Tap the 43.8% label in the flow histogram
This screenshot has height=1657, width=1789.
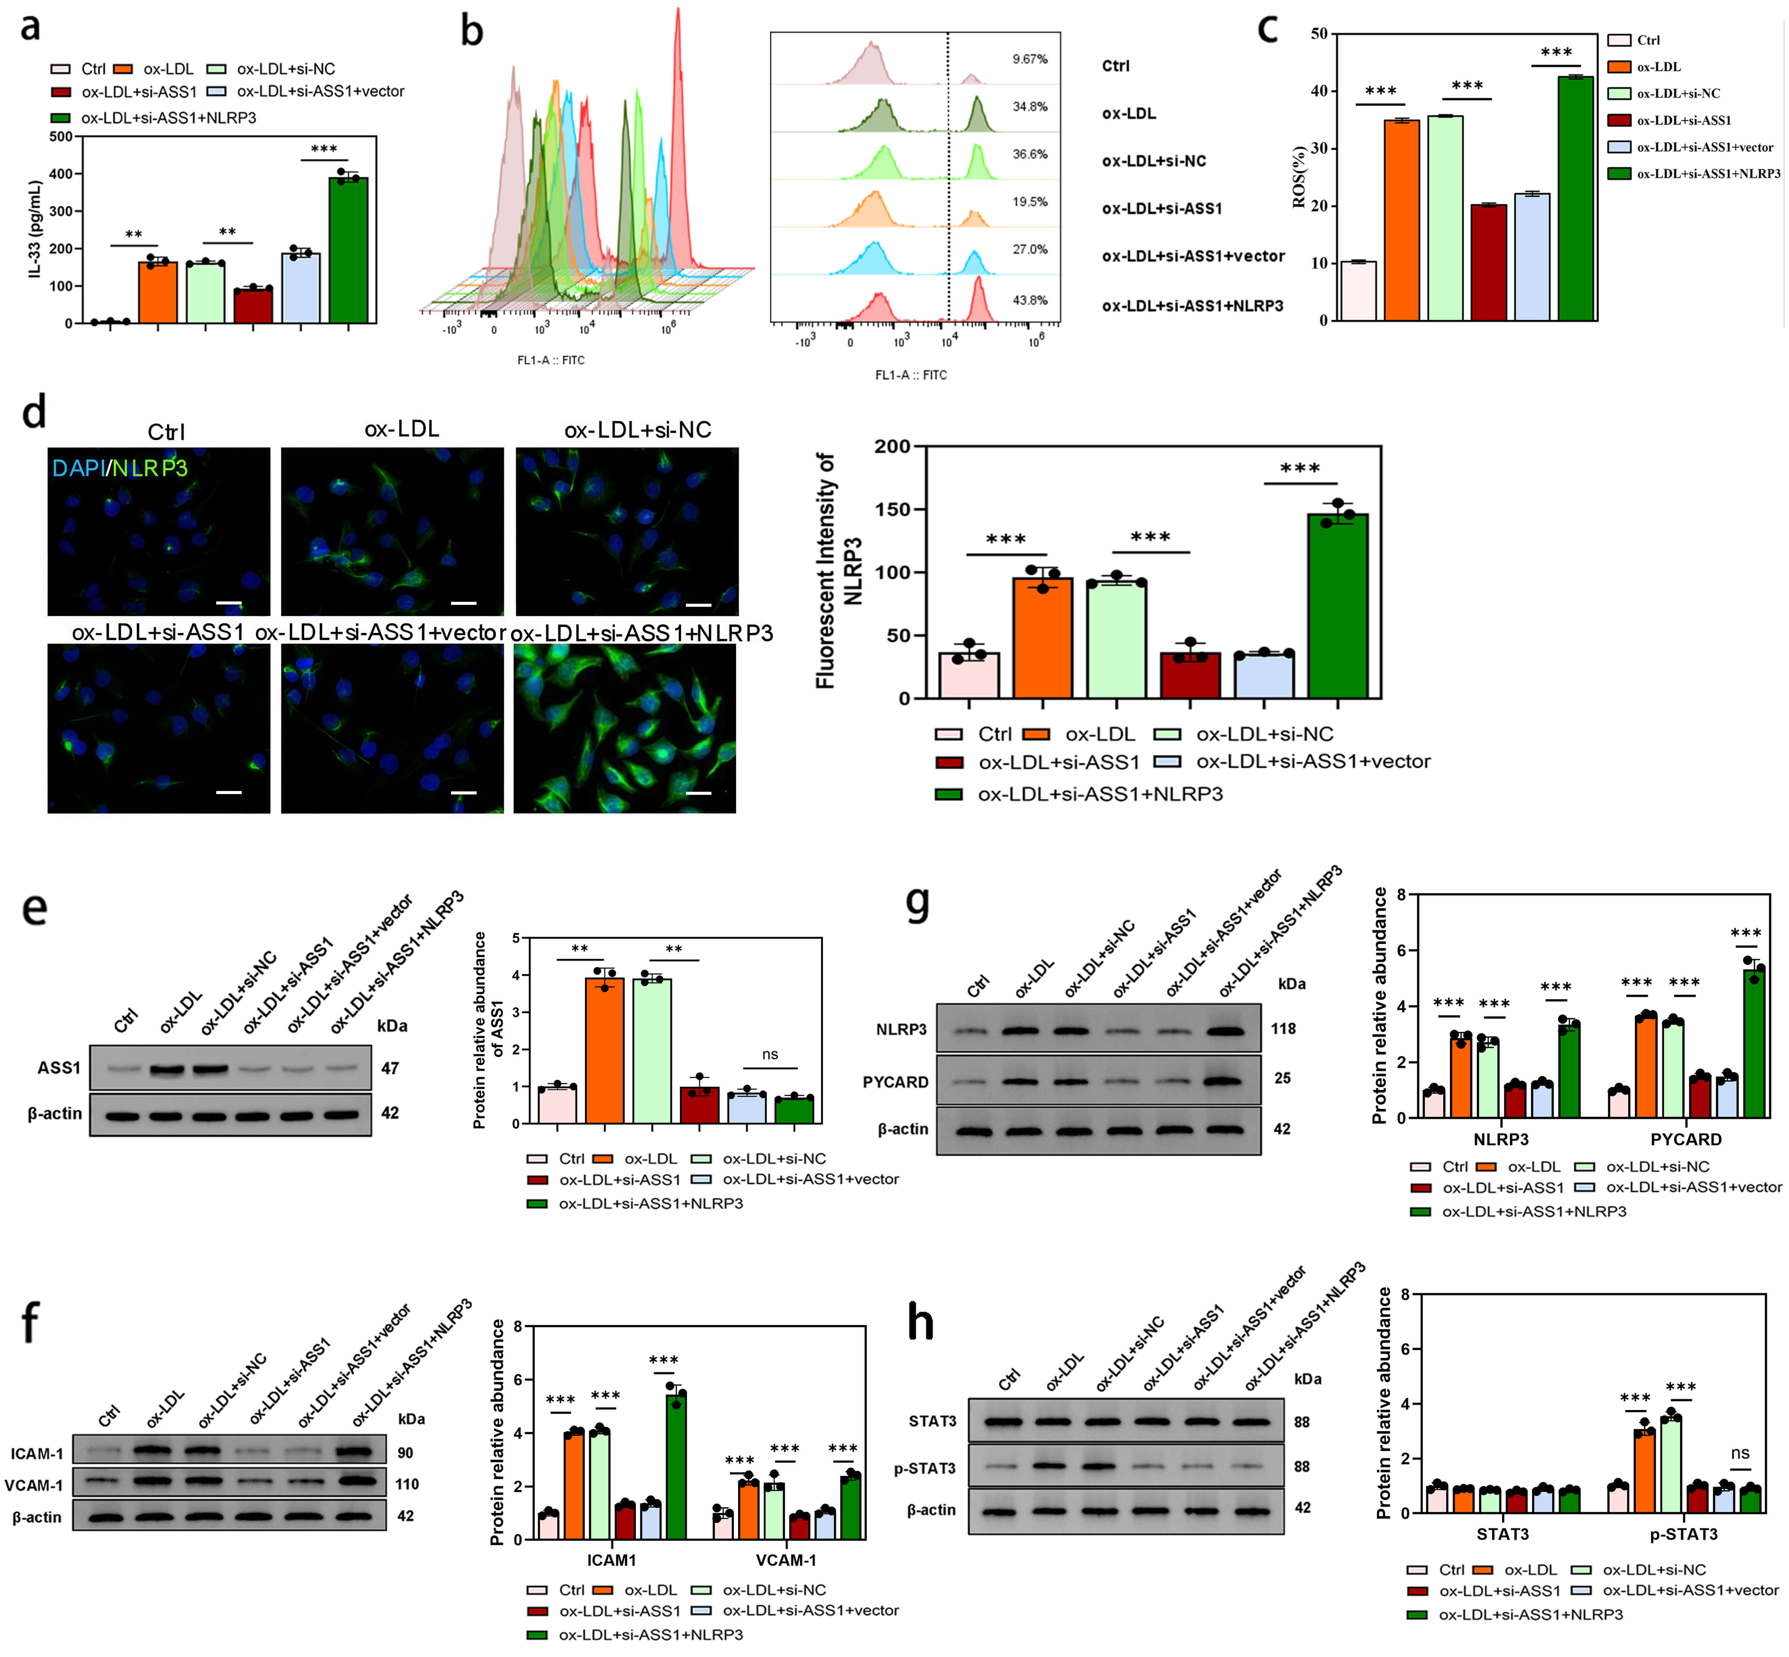pyautogui.click(x=1030, y=300)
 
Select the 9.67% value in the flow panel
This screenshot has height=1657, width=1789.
pyautogui.click(x=1030, y=59)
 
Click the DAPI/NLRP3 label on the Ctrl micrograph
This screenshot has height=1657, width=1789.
pyautogui.click(x=119, y=467)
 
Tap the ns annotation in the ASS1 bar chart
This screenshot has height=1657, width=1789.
pyautogui.click(x=769, y=1054)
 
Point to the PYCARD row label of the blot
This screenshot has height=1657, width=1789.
pyautogui.click(x=895, y=1082)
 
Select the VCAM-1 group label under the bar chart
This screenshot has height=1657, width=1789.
pyautogui.click(x=786, y=1560)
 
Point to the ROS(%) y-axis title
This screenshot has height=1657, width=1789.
pyautogui.click(x=1299, y=177)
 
